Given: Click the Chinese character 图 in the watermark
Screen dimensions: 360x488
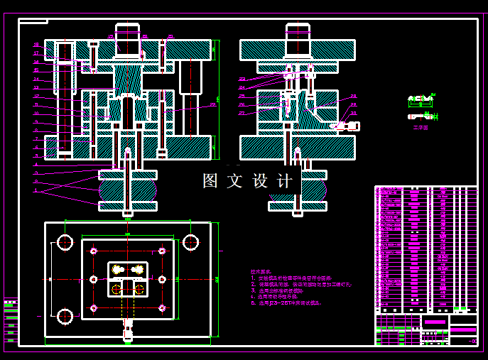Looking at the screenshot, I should pyautogui.click(x=210, y=181).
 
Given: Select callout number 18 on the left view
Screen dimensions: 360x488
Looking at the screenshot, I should pyautogui.click(x=36, y=45).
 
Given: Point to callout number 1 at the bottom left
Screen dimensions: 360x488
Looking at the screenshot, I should pyautogui.click(x=36, y=190).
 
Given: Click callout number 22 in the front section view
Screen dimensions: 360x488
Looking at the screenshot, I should pyautogui.click(x=212, y=105).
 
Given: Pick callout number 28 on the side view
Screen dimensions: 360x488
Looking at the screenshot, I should pyautogui.click(x=354, y=97).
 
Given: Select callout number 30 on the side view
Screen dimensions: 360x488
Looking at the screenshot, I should pyautogui.click(x=354, y=113).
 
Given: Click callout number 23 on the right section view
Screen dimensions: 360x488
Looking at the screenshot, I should pyautogui.click(x=242, y=79).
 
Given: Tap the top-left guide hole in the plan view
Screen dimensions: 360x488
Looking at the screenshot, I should pyautogui.click(x=65, y=242).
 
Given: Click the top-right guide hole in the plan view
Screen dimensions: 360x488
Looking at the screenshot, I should pyautogui.click(x=190, y=242).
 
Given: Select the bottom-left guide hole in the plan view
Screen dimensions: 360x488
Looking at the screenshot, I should pyautogui.click(x=65, y=316).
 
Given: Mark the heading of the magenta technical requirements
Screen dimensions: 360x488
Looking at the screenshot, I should pyautogui.click(x=261, y=271).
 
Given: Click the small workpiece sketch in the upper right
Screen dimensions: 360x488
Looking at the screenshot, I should pyautogui.click(x=421, y=103).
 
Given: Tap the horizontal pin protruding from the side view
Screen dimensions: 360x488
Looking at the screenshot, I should pyautogui.click(x=347, y=126).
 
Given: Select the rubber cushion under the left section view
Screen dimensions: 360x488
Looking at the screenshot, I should pyautogui.click(x=128, y=190).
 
